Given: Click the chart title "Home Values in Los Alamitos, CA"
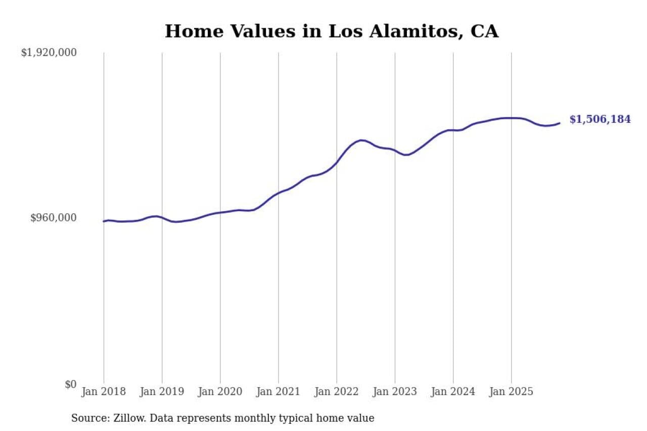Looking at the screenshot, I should (332, 31).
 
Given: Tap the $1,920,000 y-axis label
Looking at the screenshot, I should (49, 53).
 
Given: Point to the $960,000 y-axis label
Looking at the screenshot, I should (54, 218).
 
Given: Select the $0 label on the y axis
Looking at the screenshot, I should (70, 384).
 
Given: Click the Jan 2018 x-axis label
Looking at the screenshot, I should (104, 392).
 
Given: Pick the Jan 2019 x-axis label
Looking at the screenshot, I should (162, 392).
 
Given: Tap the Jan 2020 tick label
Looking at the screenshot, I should (220, 392).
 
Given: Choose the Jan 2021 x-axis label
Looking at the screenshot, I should (278, 392).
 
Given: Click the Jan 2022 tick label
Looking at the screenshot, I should (336, 392).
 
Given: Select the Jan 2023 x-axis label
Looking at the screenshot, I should (395, 392).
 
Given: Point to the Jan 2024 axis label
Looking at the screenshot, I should (453, 392).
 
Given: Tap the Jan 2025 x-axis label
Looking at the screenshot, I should (511, 392).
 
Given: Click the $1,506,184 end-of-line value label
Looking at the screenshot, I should (600, 120).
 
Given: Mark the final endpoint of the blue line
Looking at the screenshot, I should (559, 123).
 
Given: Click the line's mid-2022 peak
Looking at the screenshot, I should (361, 140).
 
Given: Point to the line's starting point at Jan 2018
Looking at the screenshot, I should (104, 221).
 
